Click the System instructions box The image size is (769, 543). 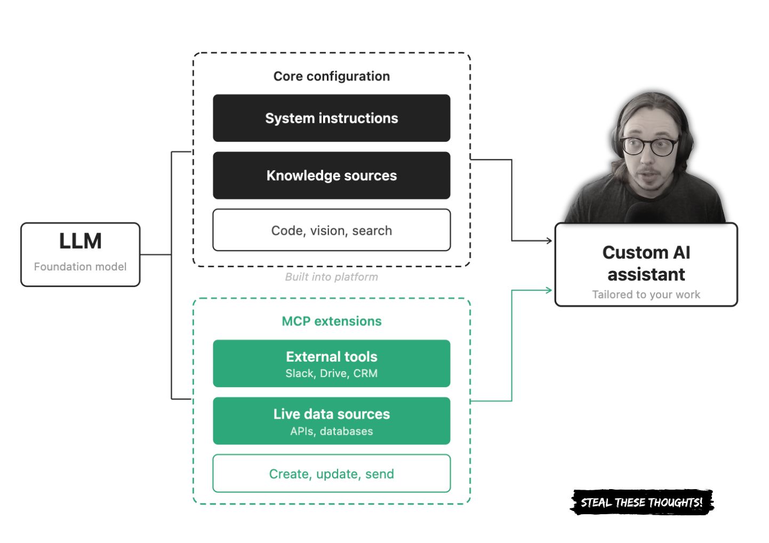coord(331,118)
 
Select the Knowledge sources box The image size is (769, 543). coord(331,175)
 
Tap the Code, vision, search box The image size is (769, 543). coord(331,230)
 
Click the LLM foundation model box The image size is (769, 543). coord(80,254)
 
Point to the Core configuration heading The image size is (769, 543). coord(331,76)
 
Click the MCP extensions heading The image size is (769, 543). coord(331,321)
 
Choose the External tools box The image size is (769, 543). coord(331,363)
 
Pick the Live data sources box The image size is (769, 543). coord(331,421)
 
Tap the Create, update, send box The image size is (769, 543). coord(331,474)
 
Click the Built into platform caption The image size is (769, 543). coord(331,277)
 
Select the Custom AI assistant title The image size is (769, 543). coord(646,263)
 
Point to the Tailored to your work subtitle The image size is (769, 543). coord(646,294)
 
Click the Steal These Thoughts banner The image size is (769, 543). coord(642,502)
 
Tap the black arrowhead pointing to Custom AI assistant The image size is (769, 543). coord(549,241)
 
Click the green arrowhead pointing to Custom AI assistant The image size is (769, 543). coord(549,290)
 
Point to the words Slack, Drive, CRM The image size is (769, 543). coord(331,373)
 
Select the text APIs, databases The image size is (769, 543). coord(331,431)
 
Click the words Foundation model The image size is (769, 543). coord(80,267)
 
